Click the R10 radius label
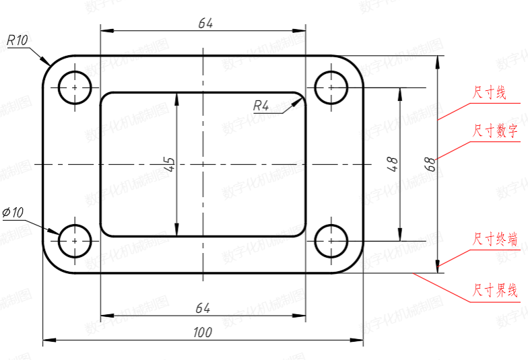coord(18,40)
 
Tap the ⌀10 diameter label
coord(13,213)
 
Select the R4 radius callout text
coord(261,106)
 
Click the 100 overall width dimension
coord(203,332)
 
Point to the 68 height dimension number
coord(431,164)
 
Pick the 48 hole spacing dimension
coord(393,164)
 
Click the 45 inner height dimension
coord(170,164)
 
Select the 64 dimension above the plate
coord(205,23)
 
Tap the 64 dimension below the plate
coord(203,308)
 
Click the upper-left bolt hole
coord(75,71)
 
